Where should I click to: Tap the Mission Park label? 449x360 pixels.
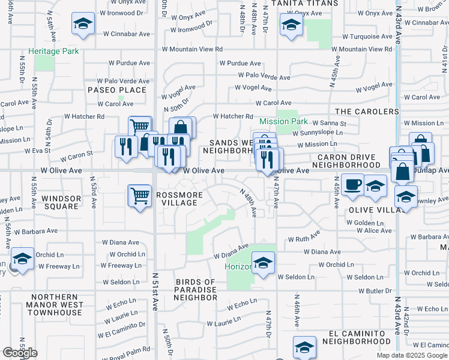tap(283, 122)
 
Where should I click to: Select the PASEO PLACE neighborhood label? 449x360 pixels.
tap(116, 90)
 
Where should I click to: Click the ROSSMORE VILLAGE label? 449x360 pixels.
tap(176, 199)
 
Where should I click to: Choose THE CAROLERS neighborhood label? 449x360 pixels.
tap(367, 112)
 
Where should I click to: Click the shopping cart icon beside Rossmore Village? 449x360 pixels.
tap(140, 195)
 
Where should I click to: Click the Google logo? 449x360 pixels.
tap(20, 353)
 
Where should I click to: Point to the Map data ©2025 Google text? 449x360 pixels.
tap(413, 355)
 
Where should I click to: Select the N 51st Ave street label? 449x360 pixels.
tap(155, 300)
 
